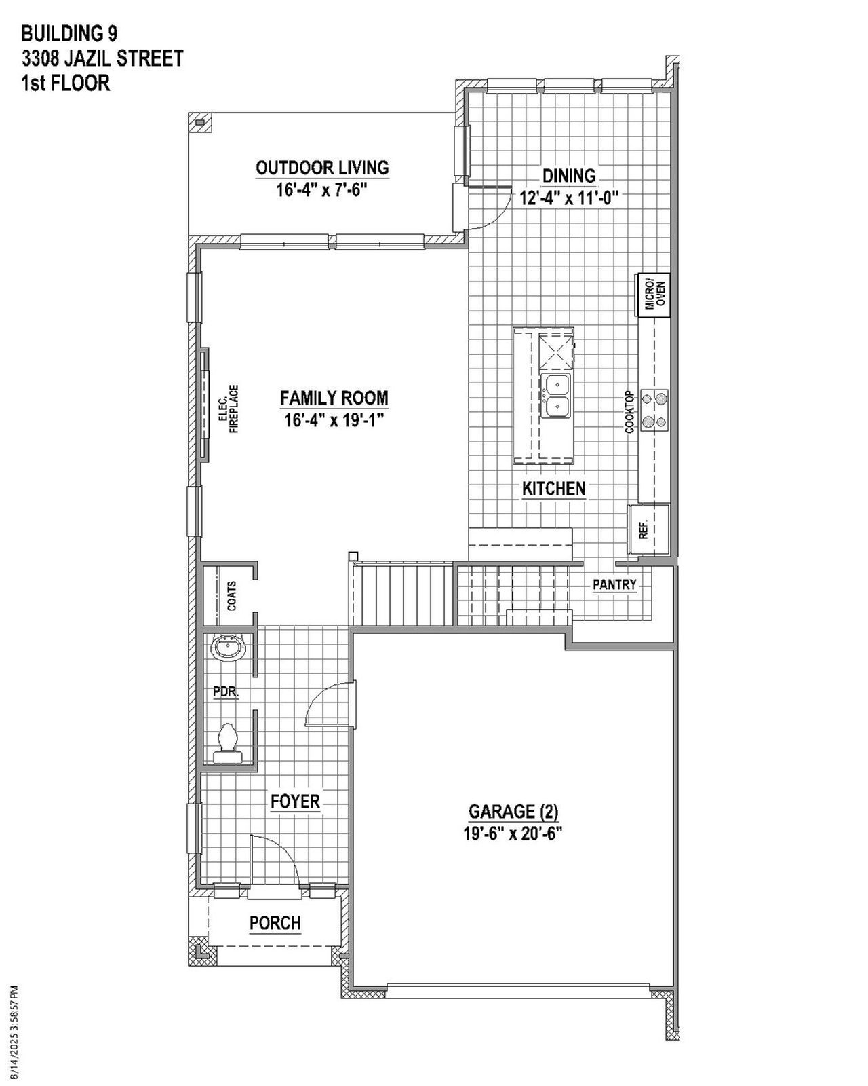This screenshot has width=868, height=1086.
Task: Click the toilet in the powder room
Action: [228, 745]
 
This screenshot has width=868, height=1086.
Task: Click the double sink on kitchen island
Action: [556, 395]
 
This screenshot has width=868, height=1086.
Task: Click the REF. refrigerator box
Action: [648, 529]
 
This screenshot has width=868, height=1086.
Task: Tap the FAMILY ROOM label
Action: [334, 398]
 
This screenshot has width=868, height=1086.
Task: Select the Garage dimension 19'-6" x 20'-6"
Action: [513, 834]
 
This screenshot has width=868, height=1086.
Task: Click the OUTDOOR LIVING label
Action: [322, 168]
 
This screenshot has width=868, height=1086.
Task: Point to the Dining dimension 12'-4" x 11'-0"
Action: [570, 198]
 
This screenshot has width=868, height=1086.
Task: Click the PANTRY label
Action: [614, 584]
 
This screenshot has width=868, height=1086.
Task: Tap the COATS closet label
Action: [232, 595]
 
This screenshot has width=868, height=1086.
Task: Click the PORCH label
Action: [275, 923]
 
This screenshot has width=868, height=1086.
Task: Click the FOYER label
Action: [295, 801]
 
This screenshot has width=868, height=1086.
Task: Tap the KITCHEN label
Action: [553, 489]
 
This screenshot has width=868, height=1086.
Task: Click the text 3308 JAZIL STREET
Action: [102, 59]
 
